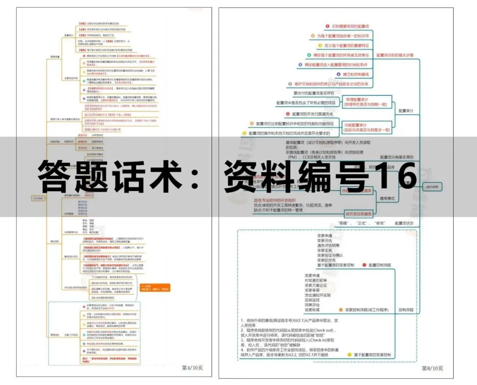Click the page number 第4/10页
click(192, 367)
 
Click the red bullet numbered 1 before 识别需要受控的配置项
click(327, 26)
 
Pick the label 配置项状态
click(405, 223)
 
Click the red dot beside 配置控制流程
click(364, 265)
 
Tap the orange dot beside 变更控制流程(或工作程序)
click(341, 310)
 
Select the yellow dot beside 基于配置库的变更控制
click(349, 355)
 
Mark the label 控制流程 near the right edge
click(406, 310)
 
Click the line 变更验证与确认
click(330, 255)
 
